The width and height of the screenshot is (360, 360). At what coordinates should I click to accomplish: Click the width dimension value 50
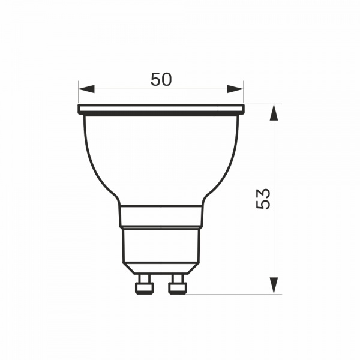click(161, 80)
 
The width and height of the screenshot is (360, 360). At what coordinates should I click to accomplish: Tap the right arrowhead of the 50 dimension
click(236, 89)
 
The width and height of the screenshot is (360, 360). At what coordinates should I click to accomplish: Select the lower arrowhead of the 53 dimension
click(274, 286)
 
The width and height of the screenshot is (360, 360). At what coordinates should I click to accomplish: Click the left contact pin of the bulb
click(143, 284)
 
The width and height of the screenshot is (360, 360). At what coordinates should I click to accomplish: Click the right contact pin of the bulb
click(178, 284)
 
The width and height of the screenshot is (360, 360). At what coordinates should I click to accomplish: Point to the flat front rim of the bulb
click(161, 109)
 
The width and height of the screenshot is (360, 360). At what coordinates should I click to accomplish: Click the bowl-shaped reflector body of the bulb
click(161, 156)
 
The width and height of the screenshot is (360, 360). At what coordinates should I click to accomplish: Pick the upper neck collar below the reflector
click(161, 216)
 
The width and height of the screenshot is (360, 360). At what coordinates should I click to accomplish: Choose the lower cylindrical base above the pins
click(161, 246)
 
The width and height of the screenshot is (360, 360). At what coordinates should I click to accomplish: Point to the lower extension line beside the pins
click(240, 295)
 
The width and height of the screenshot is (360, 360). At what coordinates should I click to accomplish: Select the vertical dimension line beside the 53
click(274, 240)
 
